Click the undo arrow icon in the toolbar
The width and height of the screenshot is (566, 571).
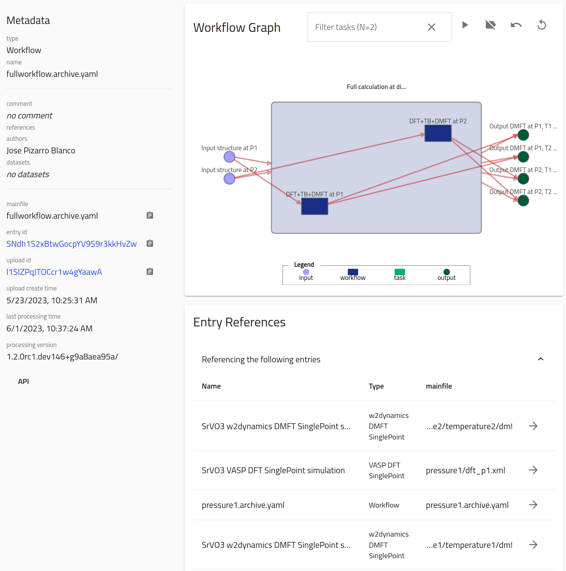516,25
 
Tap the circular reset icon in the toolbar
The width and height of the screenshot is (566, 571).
542,25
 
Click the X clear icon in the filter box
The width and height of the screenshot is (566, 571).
431,27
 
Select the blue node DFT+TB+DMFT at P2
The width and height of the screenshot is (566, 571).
438,133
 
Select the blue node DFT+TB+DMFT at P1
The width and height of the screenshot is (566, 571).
315,206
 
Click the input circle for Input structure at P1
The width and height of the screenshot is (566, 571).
229,157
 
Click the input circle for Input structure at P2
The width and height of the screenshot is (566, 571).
229,179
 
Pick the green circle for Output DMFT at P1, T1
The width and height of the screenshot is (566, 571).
523,135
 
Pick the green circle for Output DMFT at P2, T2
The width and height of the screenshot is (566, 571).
523,201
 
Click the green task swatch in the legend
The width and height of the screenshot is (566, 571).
400,272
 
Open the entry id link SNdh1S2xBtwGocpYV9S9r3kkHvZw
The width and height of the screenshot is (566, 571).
72,244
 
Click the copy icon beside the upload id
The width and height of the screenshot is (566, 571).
150,271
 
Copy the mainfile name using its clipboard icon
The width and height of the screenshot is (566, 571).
150,215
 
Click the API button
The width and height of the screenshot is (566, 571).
23,381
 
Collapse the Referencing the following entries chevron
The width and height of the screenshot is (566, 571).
541,359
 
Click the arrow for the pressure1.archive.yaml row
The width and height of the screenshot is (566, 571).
533,505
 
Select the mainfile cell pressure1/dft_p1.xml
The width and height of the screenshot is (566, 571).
465,470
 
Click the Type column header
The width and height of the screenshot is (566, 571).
376,386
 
